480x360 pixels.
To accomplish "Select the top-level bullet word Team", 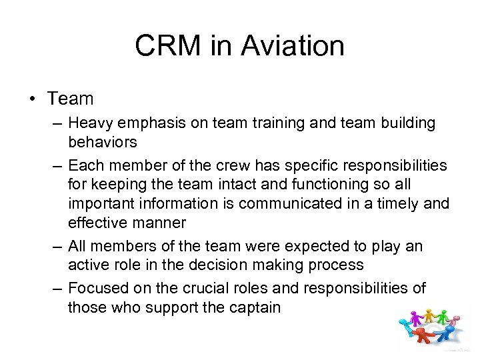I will click(70, 99).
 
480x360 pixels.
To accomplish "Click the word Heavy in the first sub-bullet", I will click(90, 123).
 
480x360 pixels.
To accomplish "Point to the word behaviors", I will click(103, 142).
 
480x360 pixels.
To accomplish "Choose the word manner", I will click(145, 222).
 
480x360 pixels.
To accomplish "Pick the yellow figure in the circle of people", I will click(429, 317).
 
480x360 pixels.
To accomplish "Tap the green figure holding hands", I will click(443, 317).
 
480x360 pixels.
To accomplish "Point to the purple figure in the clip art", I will click(415, 319).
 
